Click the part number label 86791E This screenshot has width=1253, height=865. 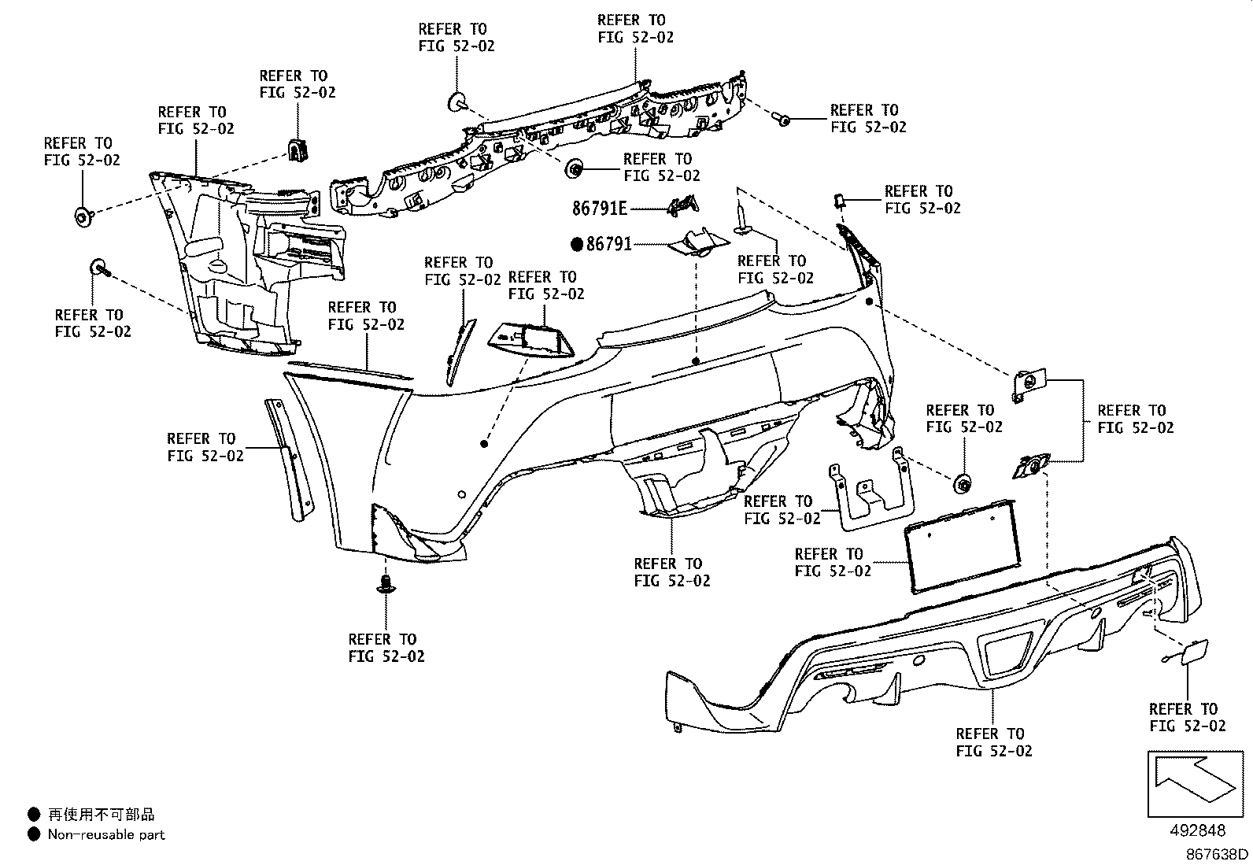[599, 209]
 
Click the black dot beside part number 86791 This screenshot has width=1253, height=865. [578, 245]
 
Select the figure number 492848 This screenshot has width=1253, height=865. [1196, 830]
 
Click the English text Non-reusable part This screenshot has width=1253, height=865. [106, 834]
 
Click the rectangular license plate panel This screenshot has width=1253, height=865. [961, 545]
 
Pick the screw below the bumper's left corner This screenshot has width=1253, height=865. [385, 583]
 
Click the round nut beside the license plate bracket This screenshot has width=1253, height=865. [962, 484]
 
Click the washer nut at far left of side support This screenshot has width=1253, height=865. [82, 216]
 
